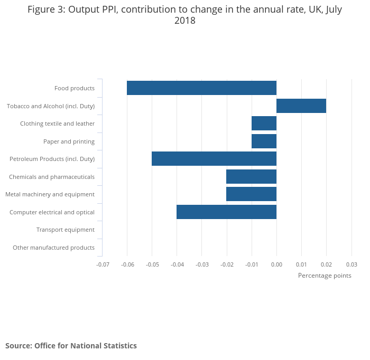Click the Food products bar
201,88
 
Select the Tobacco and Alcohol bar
301,106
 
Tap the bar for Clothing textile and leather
264,124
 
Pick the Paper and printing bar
264,141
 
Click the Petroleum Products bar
214,159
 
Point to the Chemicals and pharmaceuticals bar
251,177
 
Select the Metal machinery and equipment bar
251,194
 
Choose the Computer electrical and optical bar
226,212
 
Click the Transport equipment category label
66,230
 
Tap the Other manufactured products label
53,248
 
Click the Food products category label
75,88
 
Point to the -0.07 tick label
102,264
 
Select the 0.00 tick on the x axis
276,264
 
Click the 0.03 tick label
351,264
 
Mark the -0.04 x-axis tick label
177,264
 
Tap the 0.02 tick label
327,264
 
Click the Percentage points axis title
325,276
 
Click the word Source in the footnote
18,346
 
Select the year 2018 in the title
185,21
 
